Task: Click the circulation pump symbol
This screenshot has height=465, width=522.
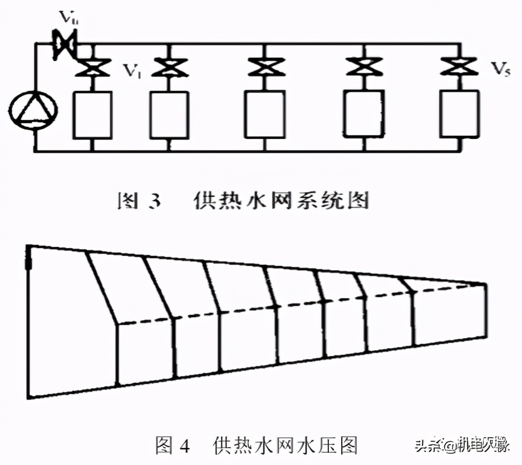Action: coord(34,105)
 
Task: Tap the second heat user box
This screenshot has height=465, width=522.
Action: coord(169,115)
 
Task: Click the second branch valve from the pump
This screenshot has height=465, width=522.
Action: coord(169,69)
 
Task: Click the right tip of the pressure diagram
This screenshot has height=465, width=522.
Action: coord(485,285)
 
